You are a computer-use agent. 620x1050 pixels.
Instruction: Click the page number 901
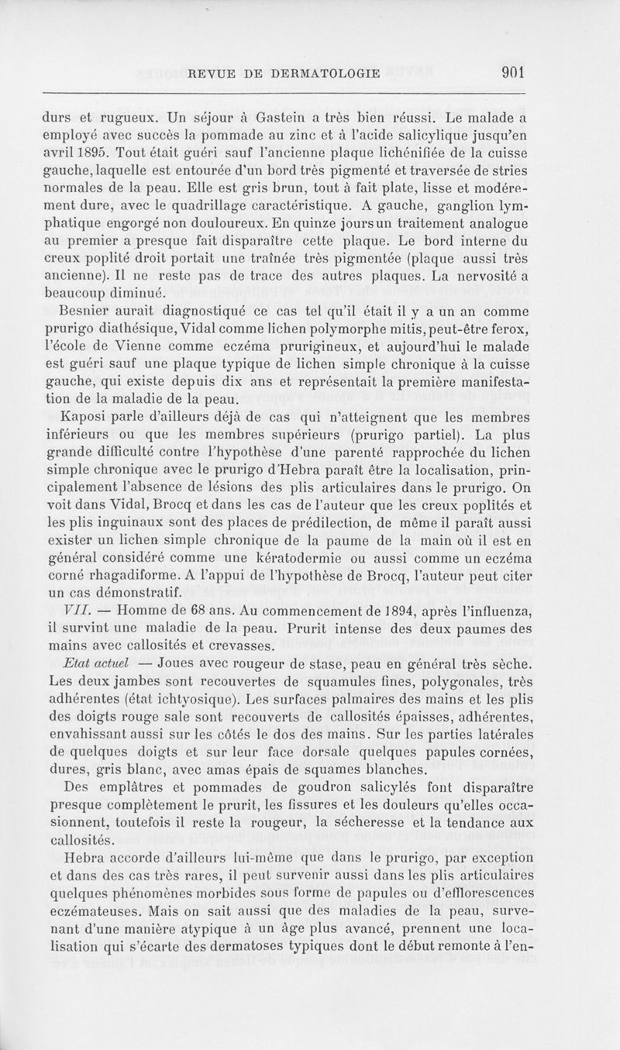[x=515, y=74]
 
